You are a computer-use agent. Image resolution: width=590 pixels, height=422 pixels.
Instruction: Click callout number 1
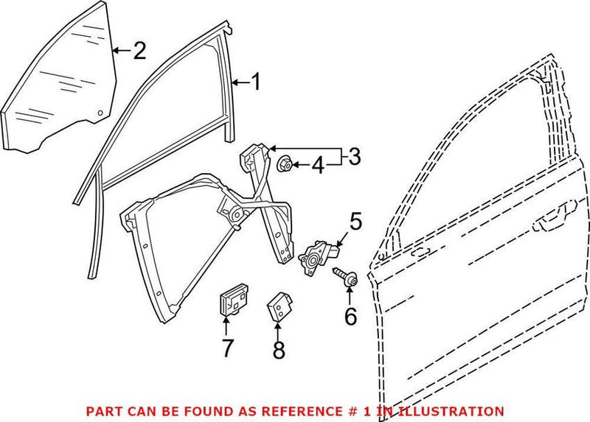255,82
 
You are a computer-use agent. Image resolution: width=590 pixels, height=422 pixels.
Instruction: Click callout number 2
139,50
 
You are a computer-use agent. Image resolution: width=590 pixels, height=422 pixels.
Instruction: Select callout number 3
354,156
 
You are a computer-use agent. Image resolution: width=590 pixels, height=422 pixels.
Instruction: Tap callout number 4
317,166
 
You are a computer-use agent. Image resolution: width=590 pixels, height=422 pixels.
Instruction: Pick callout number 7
229,346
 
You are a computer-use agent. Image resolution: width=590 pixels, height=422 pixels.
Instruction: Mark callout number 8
278,351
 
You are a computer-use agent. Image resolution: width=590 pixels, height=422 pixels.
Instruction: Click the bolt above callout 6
346,278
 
